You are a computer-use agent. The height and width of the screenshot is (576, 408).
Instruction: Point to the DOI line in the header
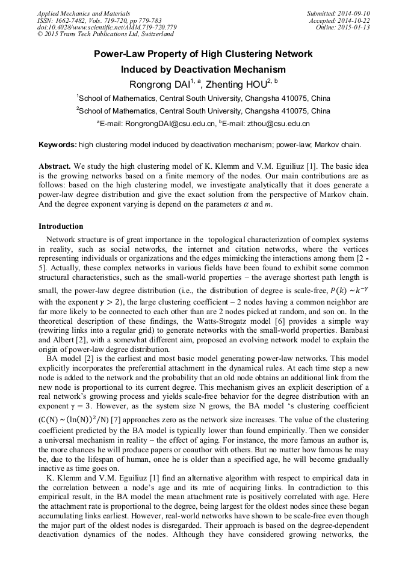coord(107,28)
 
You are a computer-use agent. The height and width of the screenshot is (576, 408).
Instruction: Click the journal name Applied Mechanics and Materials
coord(84,13)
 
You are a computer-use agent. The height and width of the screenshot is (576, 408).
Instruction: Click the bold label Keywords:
coord(58,145)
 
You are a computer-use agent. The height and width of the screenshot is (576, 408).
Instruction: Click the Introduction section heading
coord(61,226)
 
